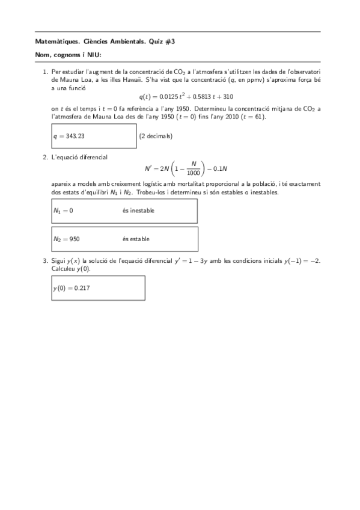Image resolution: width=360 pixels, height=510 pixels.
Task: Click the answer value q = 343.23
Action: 69,136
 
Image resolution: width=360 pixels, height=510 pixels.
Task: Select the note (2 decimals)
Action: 156,136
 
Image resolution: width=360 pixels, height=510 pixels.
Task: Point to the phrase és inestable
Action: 138,210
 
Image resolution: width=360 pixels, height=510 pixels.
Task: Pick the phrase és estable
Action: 136,239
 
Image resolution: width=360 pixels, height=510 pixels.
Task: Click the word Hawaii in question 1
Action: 133,79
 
